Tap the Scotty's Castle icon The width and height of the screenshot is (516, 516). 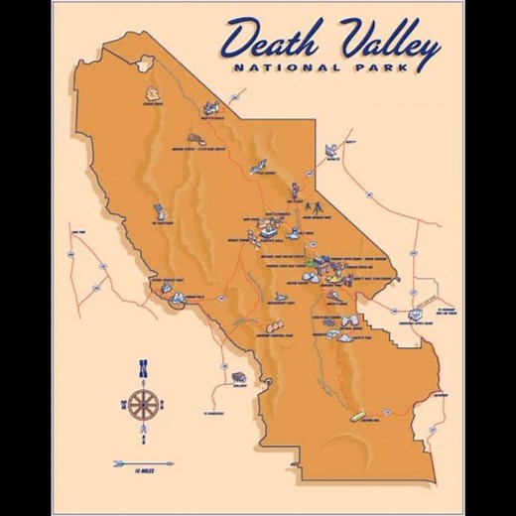click(x=211, y=107)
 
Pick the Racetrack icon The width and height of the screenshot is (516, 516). click(x=158, y=210)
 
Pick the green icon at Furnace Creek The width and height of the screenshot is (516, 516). click(x=310, y=262)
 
